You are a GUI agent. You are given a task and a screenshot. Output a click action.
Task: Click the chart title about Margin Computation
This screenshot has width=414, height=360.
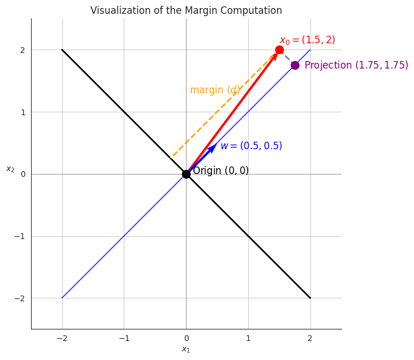[186, 10]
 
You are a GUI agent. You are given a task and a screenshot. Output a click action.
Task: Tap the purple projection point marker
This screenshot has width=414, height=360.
[295, 65]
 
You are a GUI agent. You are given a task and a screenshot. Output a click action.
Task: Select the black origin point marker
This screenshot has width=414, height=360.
[186, 174]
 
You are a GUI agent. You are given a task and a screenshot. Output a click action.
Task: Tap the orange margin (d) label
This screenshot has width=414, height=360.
[215, 90]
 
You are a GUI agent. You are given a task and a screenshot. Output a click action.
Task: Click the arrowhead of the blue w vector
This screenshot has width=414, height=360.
[212, 149]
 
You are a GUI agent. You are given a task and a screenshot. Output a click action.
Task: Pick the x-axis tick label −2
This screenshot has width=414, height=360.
[62, 338]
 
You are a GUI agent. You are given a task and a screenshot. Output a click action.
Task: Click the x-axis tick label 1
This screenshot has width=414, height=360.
[248, 338]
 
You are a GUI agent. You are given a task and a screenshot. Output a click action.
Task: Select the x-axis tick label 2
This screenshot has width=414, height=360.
[310, 338]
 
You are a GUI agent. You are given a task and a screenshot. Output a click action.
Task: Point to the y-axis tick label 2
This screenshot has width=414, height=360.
[23, 50]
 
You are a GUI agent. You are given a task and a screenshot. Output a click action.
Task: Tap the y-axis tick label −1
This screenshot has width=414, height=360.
[21, 236]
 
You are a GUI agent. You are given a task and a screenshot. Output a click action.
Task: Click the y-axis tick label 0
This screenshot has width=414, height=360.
[23, 174]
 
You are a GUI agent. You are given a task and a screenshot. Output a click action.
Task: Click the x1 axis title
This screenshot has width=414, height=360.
[186, 350]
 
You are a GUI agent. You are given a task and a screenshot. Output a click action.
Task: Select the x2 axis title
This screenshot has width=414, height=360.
[10, 169]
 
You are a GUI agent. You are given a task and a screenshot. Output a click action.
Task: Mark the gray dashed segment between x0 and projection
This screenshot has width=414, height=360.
[287, 58]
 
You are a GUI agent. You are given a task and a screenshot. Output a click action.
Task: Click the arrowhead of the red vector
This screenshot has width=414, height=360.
[275, 56]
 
